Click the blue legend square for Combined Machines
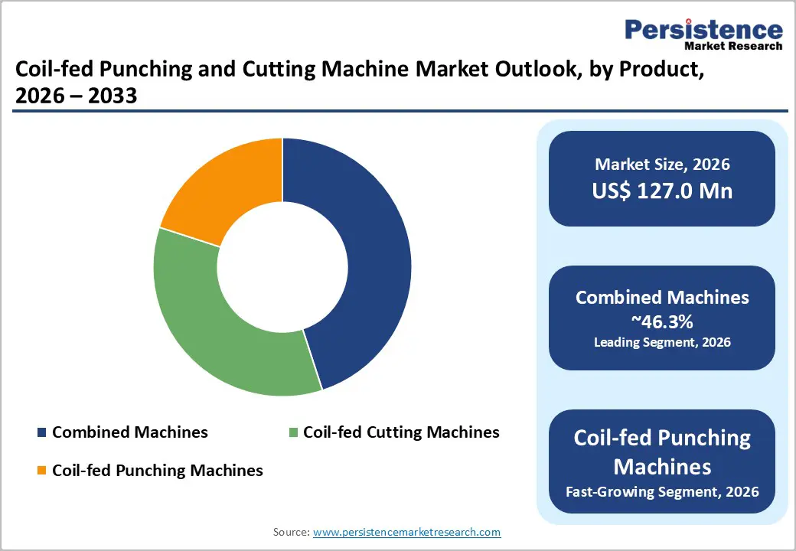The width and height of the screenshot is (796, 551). pyautogui.click(x=41, y=433)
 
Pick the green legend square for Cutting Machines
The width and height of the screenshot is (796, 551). pyautogui.click(x=293, y=433)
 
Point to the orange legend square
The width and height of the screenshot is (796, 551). pyautogui.click(x=41, y=471)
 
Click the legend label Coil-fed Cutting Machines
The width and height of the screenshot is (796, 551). pyautogui.click(x=401, y=432)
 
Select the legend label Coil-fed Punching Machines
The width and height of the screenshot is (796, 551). pyautogui.click(x=157, y=470)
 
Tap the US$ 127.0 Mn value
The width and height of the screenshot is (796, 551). pyautogui.click(x=662, y=191)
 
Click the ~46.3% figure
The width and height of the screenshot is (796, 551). pyautogui.click(x=662, y=320)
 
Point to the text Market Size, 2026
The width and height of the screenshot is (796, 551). pyautogui.click(x=662, y=164)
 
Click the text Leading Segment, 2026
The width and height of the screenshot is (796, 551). pyautogui.click(x=662, y=342)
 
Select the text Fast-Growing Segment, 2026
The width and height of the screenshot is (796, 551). pyautogui.click(x=662, y=491)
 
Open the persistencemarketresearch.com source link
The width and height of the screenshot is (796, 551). pyautogui.click(x=407, y=532)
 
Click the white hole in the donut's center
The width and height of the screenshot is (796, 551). pyautogui.click(x=282, y=266)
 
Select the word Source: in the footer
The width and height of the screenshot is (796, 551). pyautogui.click(x=292, y=532)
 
